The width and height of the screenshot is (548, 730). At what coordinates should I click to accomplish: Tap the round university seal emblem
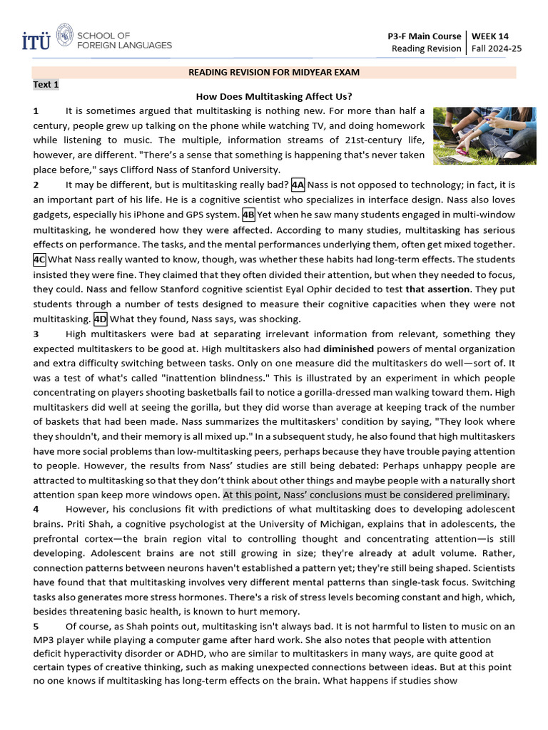click(64, 34)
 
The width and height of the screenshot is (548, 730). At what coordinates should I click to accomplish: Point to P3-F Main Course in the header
click(424, 36)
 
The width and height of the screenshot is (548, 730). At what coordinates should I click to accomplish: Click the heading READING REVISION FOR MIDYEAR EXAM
click(273, 72)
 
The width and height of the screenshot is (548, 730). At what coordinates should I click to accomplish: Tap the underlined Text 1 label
click(46, 84)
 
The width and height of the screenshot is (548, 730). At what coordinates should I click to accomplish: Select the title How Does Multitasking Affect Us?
click(274, 97)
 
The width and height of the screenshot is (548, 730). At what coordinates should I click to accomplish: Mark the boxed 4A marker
click(298, 185)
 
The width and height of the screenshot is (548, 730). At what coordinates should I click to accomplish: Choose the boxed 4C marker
click(39, 259)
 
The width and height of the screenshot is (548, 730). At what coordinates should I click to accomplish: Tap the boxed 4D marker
click(101, 319)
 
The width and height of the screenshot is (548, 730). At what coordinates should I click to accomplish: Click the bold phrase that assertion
click(437, 289)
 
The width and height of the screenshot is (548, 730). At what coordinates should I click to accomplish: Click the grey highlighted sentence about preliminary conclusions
click(366, 494)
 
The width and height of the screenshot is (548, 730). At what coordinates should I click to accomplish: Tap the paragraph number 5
click(36, 625)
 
